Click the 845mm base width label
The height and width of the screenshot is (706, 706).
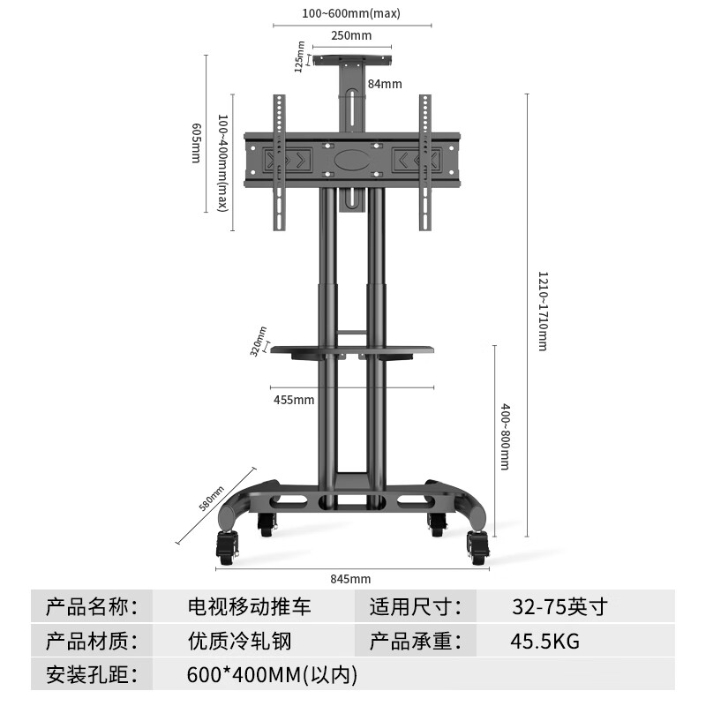(350, 579)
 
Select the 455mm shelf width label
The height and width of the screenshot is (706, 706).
(294, 400)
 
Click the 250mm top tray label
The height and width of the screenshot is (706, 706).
(351, 36)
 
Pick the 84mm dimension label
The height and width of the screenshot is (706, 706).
(385, 84)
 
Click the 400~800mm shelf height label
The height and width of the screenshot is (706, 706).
(505, 437)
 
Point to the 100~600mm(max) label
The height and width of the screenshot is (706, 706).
(351, 13)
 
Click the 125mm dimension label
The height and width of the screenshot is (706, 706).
(300, 56)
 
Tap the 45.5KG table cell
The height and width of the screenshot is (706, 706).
(545, 642)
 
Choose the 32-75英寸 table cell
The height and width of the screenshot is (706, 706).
(560, 608)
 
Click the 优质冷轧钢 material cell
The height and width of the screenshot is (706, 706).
(239, 642)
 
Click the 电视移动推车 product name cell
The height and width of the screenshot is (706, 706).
(250, 608)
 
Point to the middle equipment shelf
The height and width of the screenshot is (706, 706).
(353, 350)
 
